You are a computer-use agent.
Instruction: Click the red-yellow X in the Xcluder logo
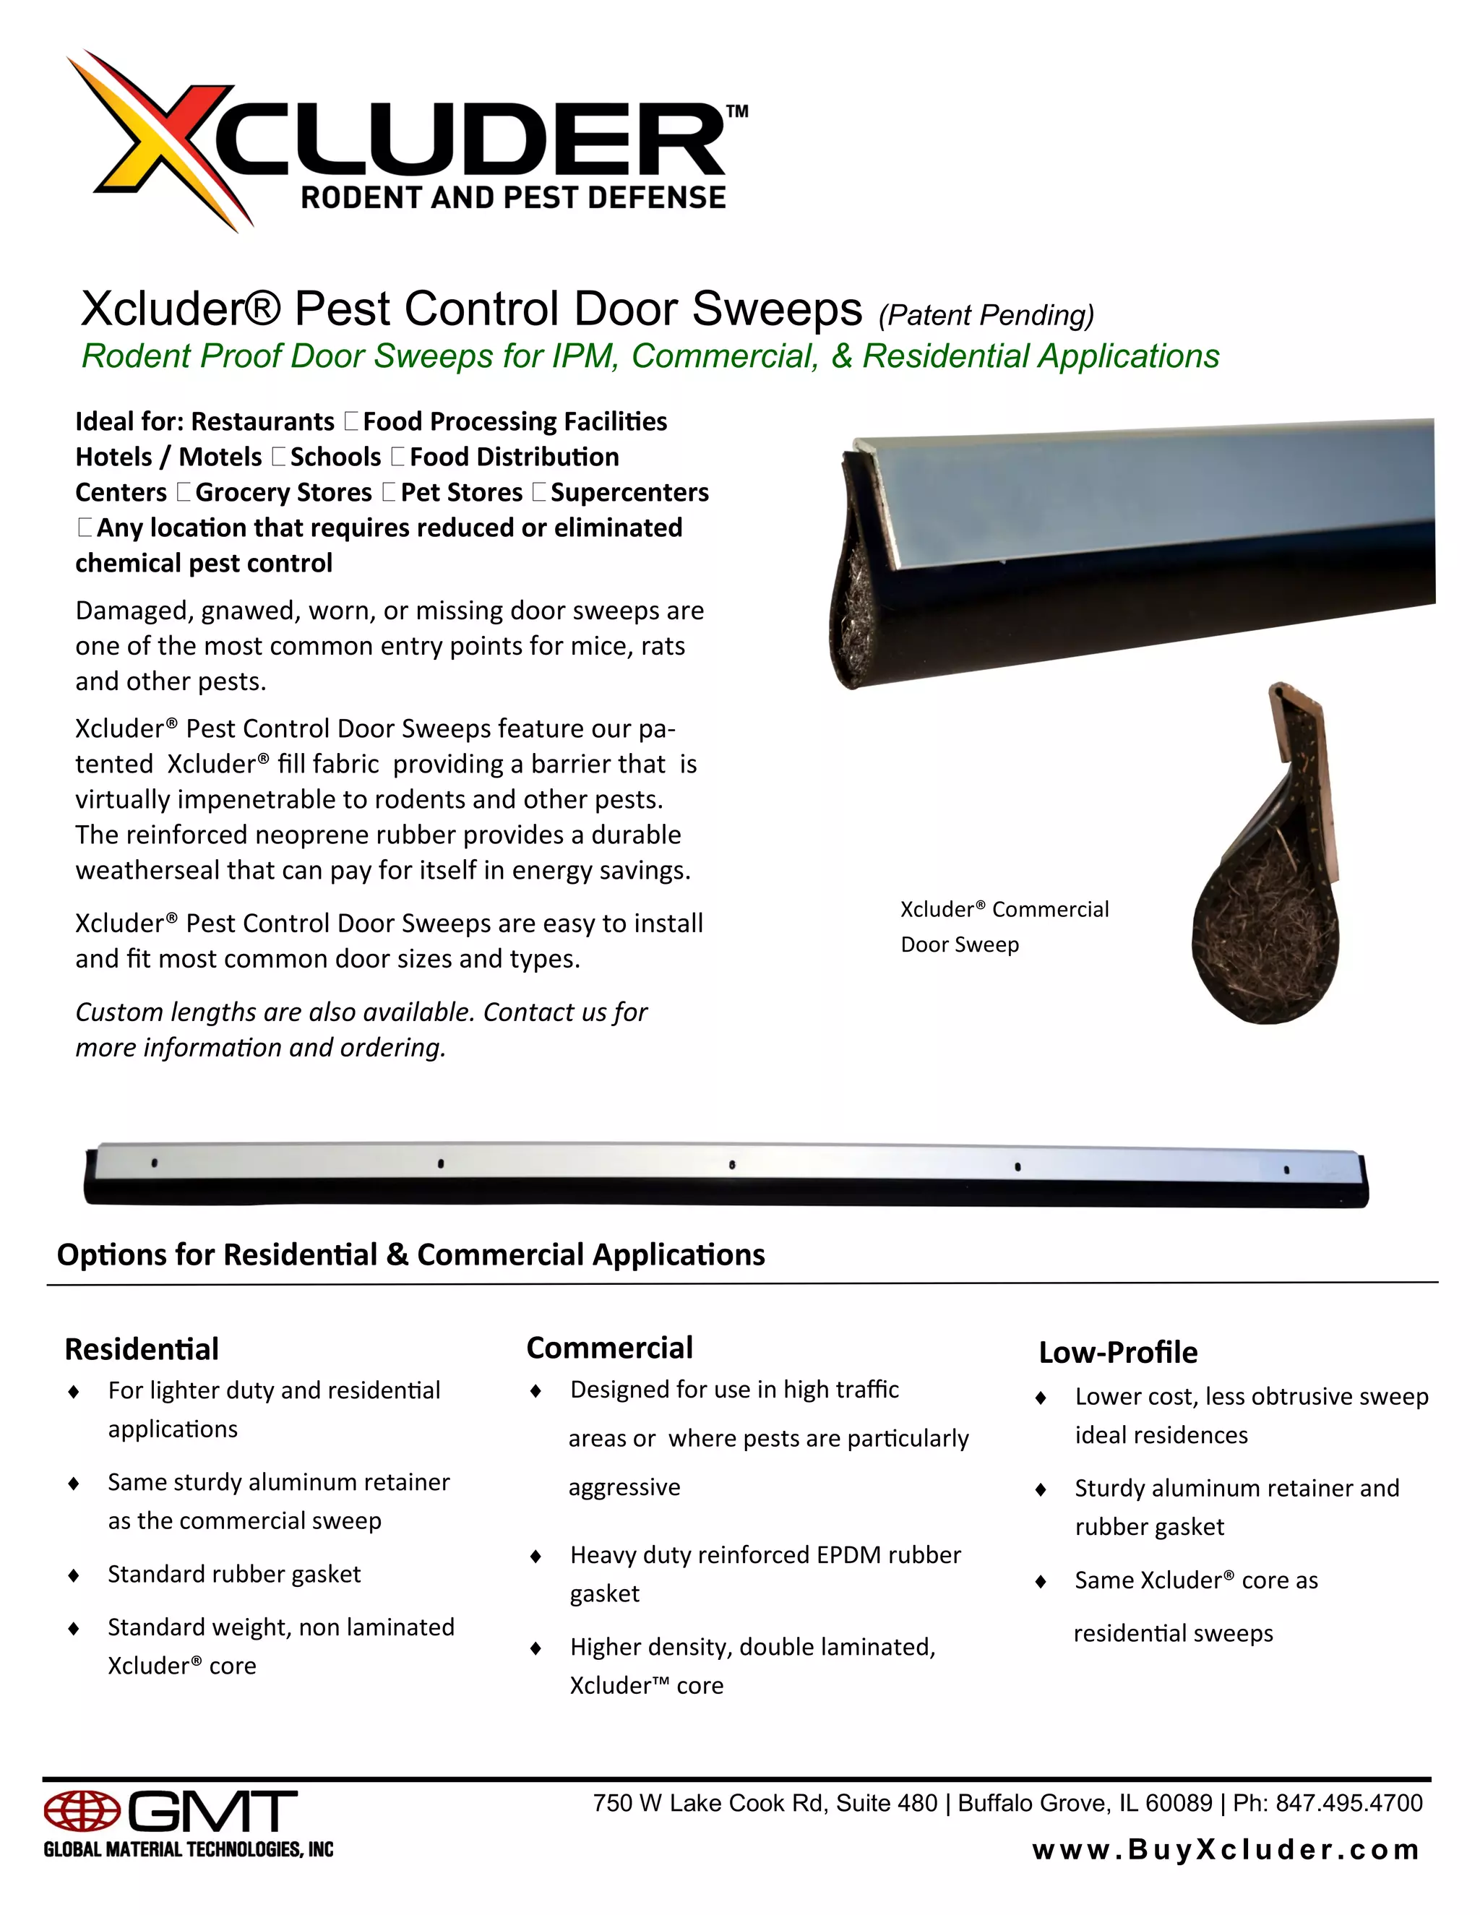167,140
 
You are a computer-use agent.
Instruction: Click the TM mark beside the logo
737,111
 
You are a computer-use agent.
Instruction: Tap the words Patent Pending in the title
986,316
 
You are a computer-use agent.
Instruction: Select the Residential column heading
142,1348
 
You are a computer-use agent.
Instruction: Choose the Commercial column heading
609,1348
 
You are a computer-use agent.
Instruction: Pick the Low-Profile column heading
1118,1352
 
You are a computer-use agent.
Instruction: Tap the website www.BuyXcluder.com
1226,1850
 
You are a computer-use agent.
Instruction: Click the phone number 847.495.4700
1348,1803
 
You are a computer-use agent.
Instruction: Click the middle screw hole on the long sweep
732,1166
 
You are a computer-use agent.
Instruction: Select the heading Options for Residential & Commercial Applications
410,1255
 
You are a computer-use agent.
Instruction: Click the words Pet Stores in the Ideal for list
461,493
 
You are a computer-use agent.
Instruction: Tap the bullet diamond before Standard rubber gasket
74,1575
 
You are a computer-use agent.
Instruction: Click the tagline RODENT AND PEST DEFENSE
513,198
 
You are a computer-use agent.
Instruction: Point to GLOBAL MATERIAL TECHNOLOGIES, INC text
189,1849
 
